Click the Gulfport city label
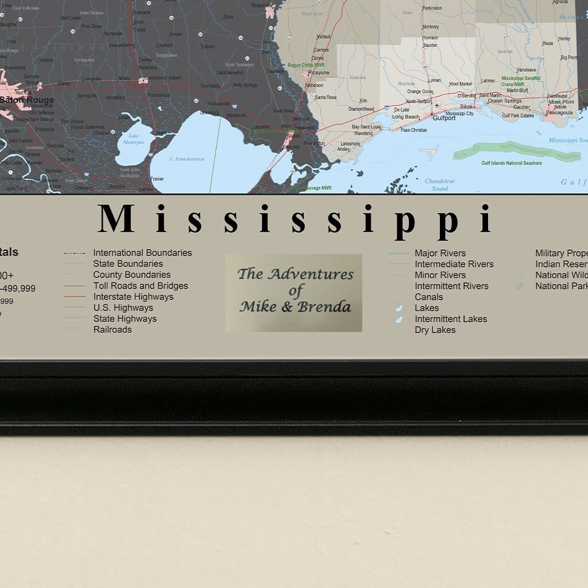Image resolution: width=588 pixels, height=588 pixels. [444, 118]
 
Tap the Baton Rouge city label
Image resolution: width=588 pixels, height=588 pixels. [27, 100]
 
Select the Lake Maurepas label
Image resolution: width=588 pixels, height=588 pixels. [133, 139]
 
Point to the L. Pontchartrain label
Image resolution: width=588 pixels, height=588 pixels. [187, 159]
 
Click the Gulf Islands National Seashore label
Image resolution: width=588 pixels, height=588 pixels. [511, 163]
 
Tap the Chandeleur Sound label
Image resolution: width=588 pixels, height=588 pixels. [440, 184]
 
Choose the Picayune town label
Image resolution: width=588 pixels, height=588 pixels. [319, 73]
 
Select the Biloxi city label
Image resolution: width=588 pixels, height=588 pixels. [466, 107]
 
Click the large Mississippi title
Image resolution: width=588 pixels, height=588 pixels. [295, 219]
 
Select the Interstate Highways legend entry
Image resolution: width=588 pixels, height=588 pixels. [133, 297]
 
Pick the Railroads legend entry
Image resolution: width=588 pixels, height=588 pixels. [113, 330]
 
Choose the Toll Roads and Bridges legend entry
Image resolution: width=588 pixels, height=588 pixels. [141, 286]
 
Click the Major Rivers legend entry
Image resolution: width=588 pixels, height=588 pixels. [440, 253]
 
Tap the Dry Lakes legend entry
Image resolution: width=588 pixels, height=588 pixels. [435, 330]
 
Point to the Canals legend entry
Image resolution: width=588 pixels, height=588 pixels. [429, 297]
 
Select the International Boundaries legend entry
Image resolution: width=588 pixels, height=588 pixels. [142, 253]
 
